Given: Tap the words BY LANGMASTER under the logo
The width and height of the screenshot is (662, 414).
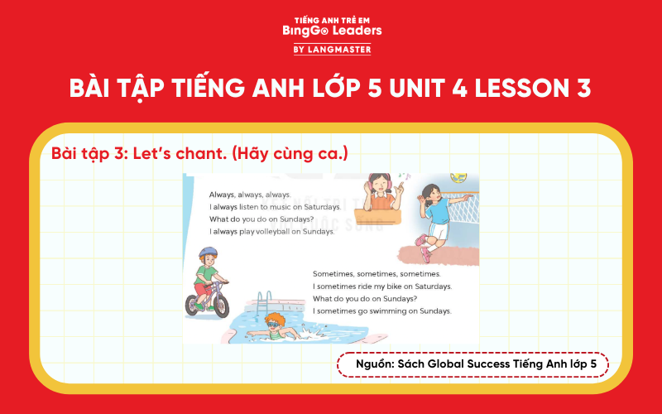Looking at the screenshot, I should click(x=331, y=50).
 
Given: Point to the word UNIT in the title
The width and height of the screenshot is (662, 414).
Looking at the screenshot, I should click(x=425, y=89).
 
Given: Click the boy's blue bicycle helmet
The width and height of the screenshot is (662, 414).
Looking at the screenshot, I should click(x=208, y=253).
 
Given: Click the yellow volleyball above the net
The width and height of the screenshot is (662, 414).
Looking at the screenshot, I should click(x=457, y=178).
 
